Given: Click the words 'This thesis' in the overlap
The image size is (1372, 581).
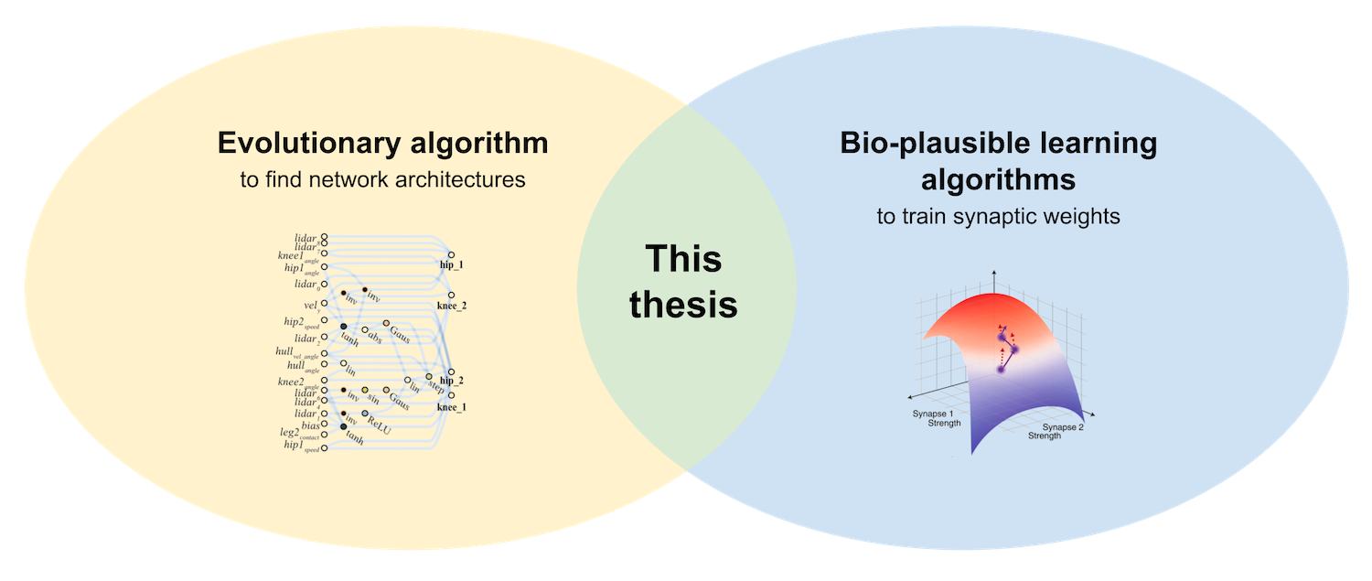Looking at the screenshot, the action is click(x=683, y=281).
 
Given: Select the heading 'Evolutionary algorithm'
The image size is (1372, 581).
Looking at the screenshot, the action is click(x=382, y=144).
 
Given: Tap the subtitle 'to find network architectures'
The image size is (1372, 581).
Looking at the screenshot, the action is click(x=382, y=179).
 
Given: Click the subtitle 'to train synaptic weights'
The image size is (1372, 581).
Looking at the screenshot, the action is click(x=998, y=217).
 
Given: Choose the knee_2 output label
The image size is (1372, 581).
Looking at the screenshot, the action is click(x=451, y=306).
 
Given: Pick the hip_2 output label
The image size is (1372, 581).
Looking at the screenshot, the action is click(x=452, y=380).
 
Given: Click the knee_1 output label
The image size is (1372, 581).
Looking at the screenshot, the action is click(x=451, y=406).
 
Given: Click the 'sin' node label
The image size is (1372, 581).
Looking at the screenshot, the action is click(x=373, y=397).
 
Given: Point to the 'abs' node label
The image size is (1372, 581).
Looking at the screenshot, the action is click(x=374, y=337).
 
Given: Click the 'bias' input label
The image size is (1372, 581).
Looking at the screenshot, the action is click(x=309, y=425).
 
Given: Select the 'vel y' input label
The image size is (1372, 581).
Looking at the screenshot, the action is click(x=308, y=306).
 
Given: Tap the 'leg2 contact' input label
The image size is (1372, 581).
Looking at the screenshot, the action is click(x=301, y=434).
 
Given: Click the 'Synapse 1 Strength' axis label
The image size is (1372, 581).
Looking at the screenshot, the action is click(x=939, y=418).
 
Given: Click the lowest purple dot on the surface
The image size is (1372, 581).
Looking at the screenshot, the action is click(x=1001, y=369).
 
